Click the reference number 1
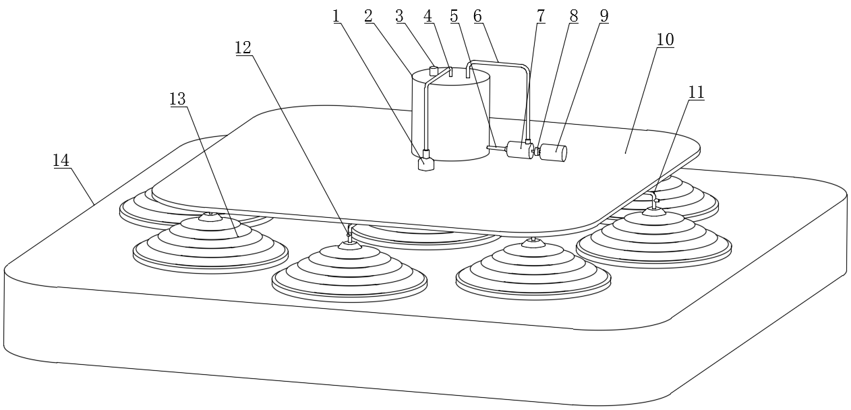click(336, 16)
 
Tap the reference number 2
click(368, 16)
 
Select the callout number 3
click(399, 16)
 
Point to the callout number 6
click(477, 16)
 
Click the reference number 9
click(604, 16)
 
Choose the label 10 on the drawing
click(666, 40)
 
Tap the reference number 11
click(697, 92)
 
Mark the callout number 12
click(243, 48)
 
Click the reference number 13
click(177, 99)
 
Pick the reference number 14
click(61, 160)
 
